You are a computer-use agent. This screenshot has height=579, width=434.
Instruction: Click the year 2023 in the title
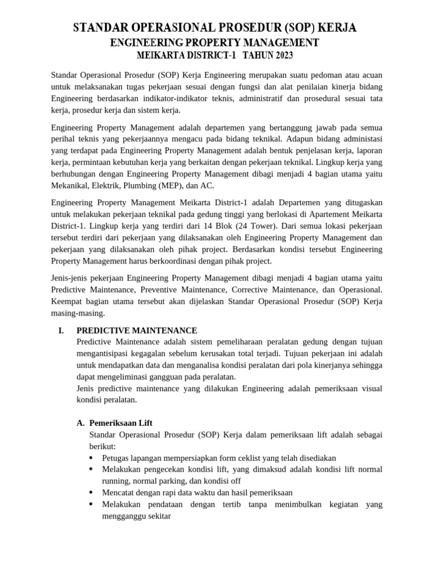[x=280, y=56]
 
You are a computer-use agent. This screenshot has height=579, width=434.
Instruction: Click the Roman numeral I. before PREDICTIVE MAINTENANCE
[x=60, y=330]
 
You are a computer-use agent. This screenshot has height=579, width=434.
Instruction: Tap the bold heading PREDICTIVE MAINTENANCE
[x=137, y=330]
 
